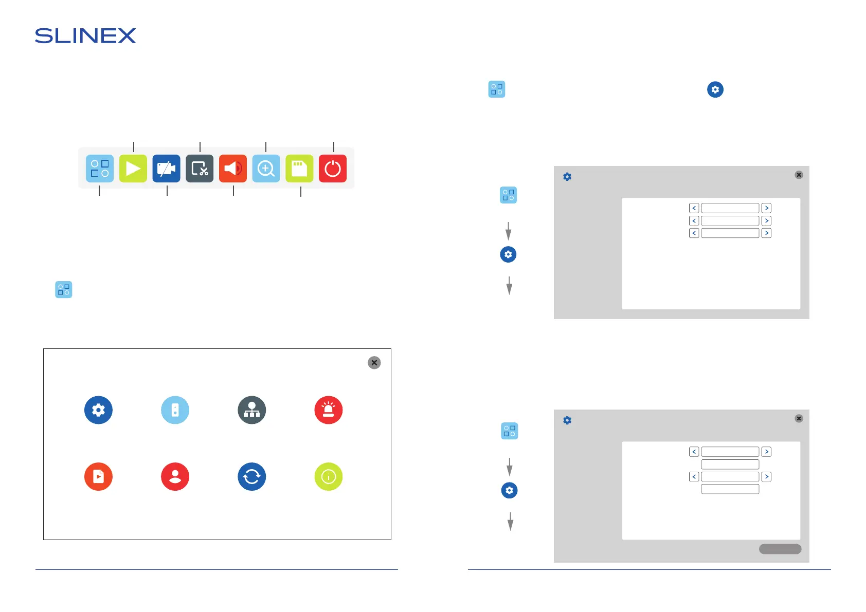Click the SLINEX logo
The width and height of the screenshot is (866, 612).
pos(85,36)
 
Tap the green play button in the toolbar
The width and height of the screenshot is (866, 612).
pos(133,169)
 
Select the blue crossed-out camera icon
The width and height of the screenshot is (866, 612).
pos(166,169)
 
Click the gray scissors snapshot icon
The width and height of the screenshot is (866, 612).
pos(200,169)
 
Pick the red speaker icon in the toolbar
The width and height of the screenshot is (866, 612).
pos(233,169)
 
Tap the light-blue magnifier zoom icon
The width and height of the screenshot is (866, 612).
pos(266,169)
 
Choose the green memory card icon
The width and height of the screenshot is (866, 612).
pos(299,169)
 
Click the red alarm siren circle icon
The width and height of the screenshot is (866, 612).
pos(329,410)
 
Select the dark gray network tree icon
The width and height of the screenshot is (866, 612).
pos(252,410)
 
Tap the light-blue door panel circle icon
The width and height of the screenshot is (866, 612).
pos(175,410)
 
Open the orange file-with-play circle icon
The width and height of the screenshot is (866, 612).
pos(98,477)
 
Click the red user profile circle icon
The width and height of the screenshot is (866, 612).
pos(175,477)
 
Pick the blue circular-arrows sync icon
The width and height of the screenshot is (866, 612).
pos(252,477)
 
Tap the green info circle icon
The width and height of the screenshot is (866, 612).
pos(329,477)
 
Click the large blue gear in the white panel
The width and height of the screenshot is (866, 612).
pos(98,410)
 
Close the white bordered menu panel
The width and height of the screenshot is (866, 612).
pos(374,363)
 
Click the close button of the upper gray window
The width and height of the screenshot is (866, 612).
pos(799,175)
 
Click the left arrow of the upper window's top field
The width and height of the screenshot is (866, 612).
pos(694,208)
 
